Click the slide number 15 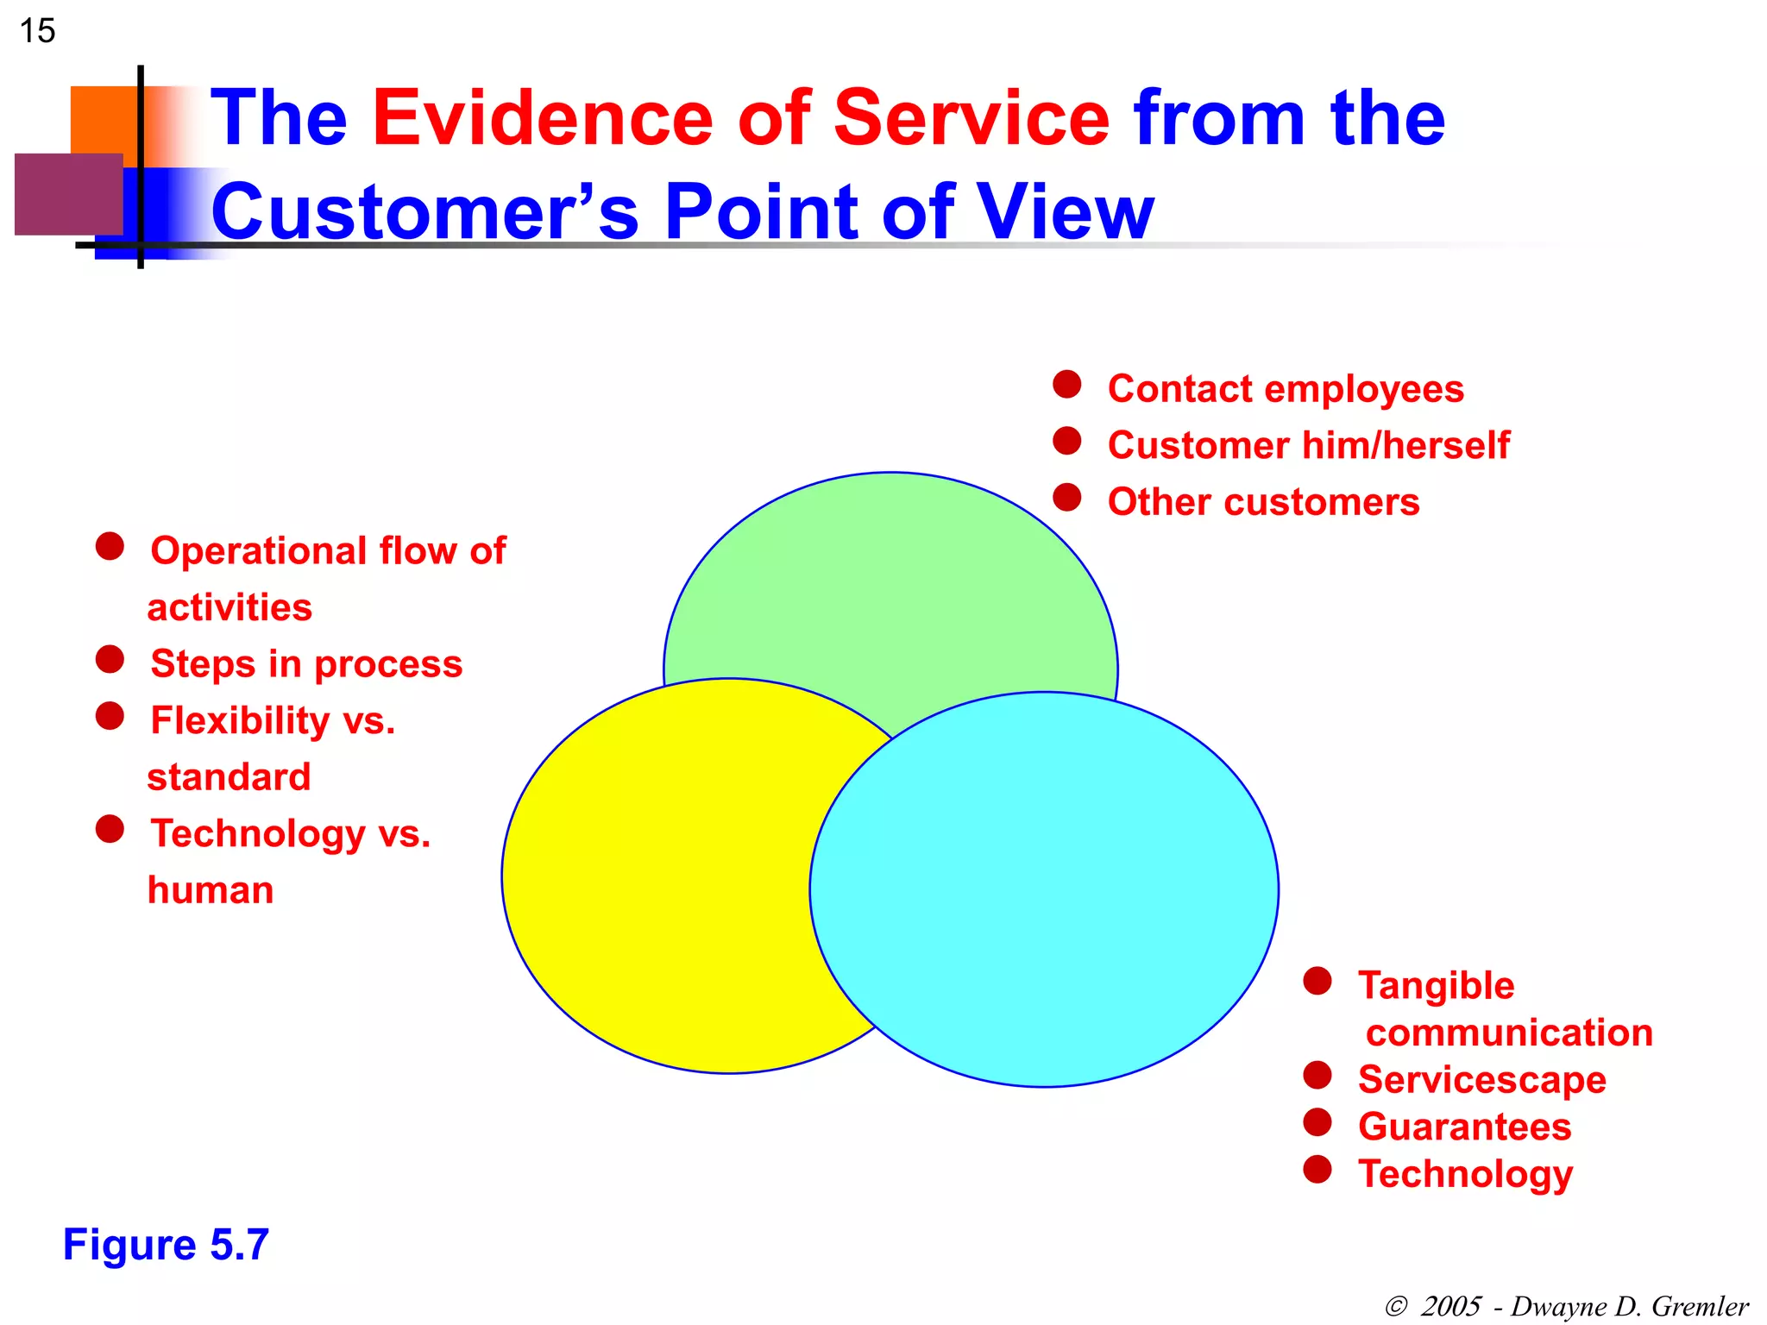37,31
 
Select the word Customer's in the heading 424,212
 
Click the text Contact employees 1285,389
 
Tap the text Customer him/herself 1308,446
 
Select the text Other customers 1263,502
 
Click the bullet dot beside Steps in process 110,659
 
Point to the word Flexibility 240,721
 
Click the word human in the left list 211,890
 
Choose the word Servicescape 1481,1080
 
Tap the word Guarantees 1464,1127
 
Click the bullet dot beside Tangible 1317,981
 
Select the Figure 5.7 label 166,1245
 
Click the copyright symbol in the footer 1395,1306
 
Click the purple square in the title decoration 68,194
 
